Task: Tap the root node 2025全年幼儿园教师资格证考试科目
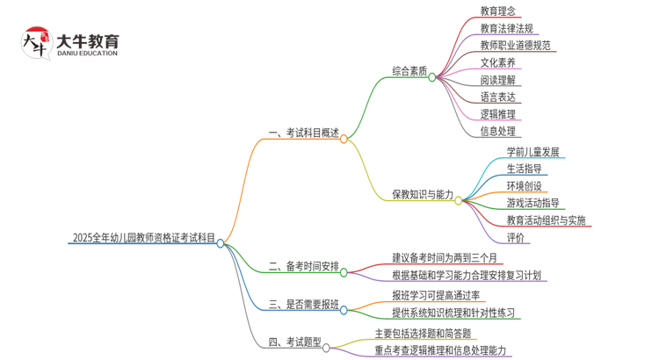[x=143, y=238]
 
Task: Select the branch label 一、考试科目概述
[x=303, y=133]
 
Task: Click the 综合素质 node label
[x=409, y=71]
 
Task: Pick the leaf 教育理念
[x=498, y=11]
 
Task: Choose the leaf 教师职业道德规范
[x=516, y=46]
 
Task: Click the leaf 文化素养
[x=498, y=63]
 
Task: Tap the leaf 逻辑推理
[x=498, y=114]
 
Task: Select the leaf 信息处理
[x=498, y=132]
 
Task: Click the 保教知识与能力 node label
[x=423, y=195]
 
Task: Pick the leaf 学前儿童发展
[x=532, y=152]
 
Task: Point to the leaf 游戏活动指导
[x=532, y=203]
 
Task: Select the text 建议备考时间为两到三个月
[x=444, y=258]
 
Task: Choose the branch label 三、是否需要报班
[x=303, y=305]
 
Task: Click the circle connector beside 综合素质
[x=432, y=77]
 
